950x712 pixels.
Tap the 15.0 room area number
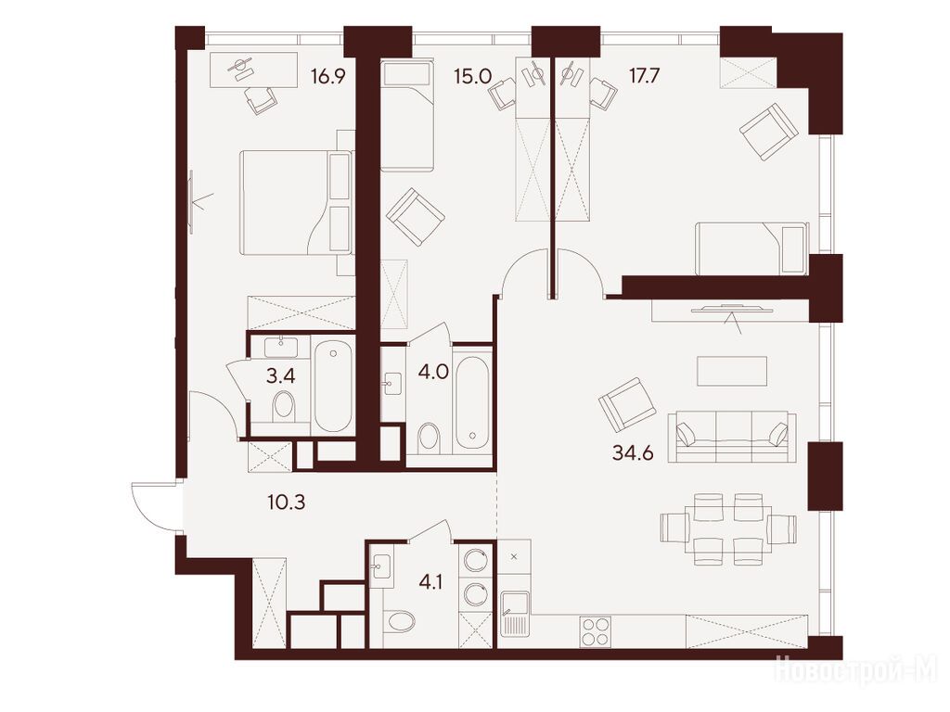click(x=472, y=77)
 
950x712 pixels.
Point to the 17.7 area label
click(x=644, y=77)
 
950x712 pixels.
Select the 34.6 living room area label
click(x=633, y=452)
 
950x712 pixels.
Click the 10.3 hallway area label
click(x=286, y=502)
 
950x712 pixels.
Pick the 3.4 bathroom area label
click(x=281, y=376)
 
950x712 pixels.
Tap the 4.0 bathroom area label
click(x=433, y=371)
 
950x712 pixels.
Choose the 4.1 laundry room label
click(x=430, y=582)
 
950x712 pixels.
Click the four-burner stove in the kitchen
click(x=594, y=631)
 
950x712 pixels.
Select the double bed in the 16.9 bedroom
click(x=296, y=202)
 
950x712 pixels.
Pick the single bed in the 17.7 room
click(x=751, y=248)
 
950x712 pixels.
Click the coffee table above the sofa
click(x=732, y=371)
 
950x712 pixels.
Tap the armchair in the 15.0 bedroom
click(x=416, y=217)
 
